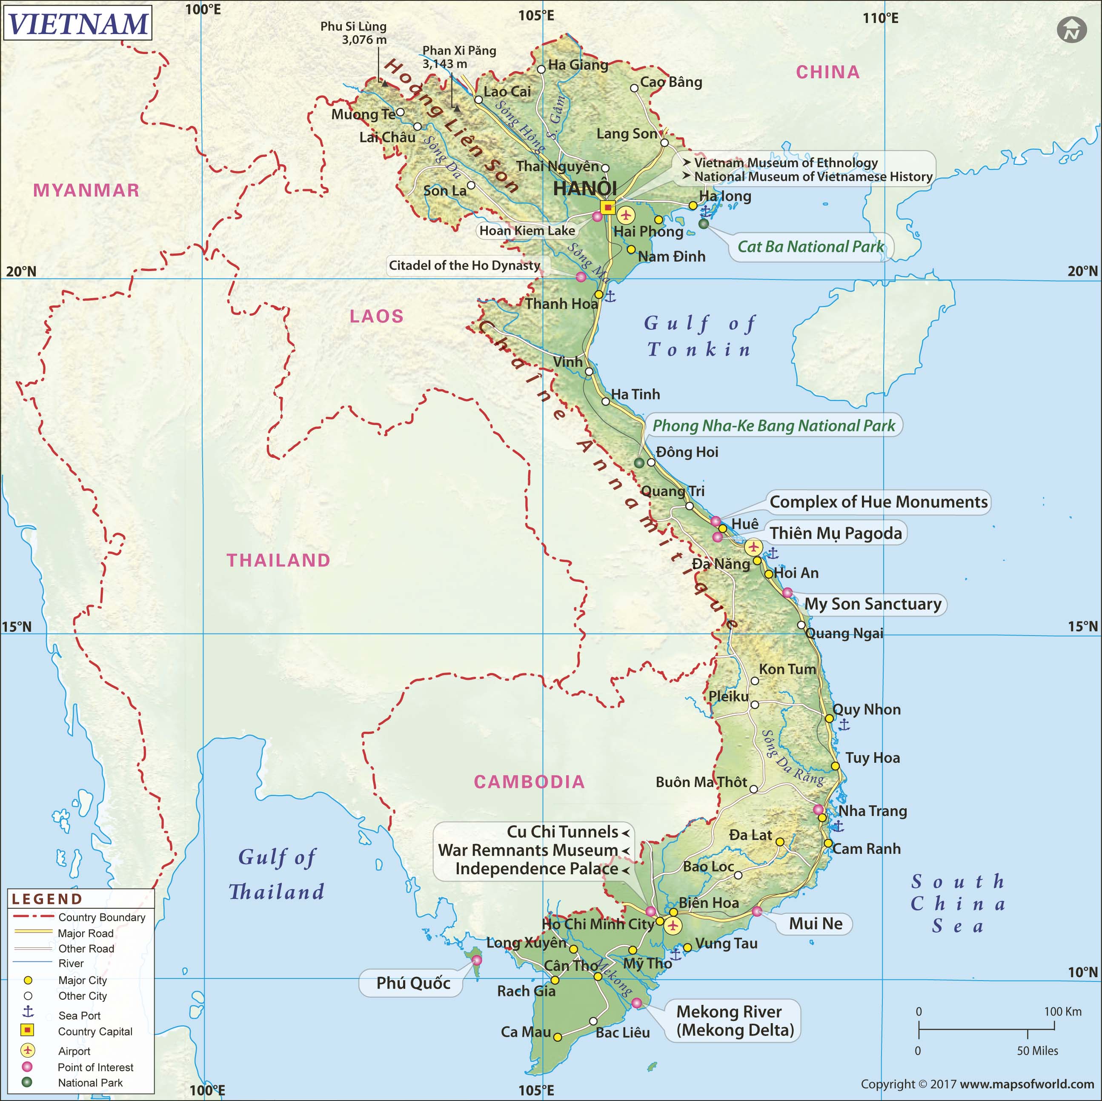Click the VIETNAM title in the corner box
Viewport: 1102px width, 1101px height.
[78, 23]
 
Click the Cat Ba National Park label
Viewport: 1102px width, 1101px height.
[810, 247]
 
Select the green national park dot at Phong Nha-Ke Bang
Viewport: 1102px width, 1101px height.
[639, 463]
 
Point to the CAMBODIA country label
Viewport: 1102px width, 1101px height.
[530, 782]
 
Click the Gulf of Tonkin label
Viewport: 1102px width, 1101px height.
[699, 337]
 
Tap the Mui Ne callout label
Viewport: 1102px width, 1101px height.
[816, 924]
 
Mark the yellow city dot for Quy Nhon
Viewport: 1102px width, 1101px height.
[829, 719]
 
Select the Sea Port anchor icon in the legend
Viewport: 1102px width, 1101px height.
[27, 1012]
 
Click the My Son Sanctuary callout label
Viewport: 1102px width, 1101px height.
[873, 604]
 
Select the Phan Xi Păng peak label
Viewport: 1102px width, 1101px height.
[459, 57]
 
